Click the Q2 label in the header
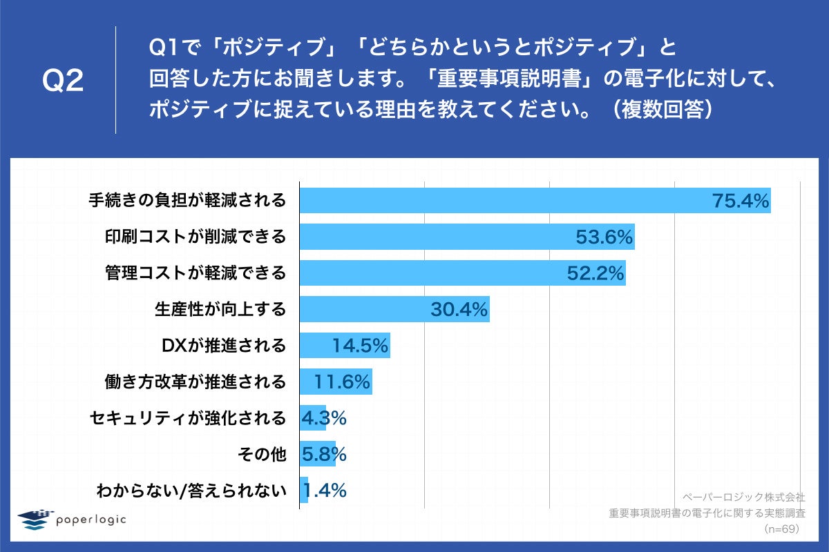tap(63, 81)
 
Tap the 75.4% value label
tap(741, 201)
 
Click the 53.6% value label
tap(604, 237)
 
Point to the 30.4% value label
tap(459, 310)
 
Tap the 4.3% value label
tap(323, 418)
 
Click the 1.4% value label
tap(323, 491)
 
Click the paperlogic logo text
tap(91, 520)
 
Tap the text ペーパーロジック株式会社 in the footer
tap(743, 497)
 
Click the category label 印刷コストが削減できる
tap(196, 237)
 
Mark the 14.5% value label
tap(359, 346)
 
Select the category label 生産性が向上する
tap(220, 310)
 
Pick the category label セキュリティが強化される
tap(188, 418)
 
